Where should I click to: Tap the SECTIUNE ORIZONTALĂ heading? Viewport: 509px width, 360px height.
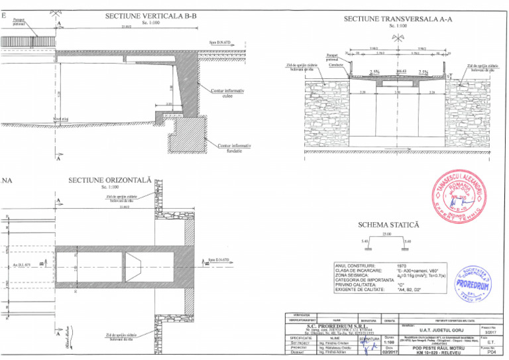pos(110,180)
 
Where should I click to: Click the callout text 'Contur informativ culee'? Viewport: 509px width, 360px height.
pos(227,92)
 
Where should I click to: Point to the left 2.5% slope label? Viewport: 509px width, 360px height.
pos(374,72)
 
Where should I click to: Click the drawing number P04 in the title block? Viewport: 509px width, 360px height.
pos(490,353)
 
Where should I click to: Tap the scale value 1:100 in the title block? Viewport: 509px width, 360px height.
pos(388,343)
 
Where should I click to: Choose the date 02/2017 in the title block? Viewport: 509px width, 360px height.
pos(388,353)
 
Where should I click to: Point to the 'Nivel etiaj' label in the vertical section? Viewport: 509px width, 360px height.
pos(51,120)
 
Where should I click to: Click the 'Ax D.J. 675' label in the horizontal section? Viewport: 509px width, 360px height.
pos(22,263)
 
